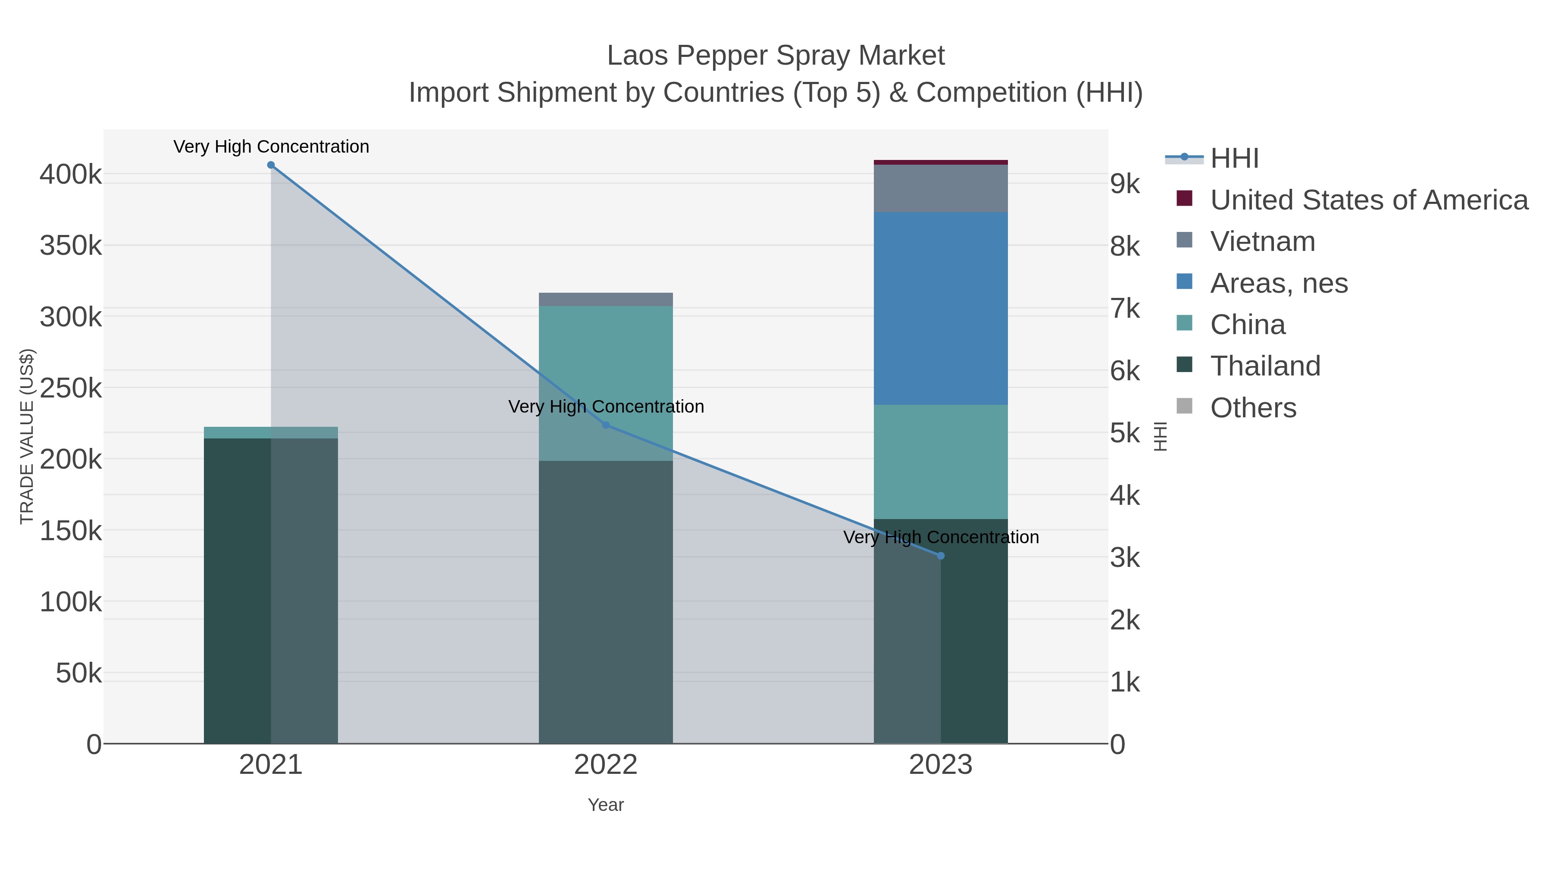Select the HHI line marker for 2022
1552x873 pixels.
(606, 426)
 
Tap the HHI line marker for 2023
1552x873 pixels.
(941, 556)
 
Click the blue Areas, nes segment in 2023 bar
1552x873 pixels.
(941, 309)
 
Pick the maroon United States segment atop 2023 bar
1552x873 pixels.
(941, 162)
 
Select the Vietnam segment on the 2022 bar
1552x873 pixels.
(606, 300)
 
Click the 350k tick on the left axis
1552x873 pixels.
(71, 246)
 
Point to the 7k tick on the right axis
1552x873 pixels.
(1125, 309)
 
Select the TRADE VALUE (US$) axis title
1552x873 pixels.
(27, 436)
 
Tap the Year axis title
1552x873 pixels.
(606, 805)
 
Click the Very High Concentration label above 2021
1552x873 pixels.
(271, 147)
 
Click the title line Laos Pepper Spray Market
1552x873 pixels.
(776, 56)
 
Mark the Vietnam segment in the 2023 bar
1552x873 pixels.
(941, 188)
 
